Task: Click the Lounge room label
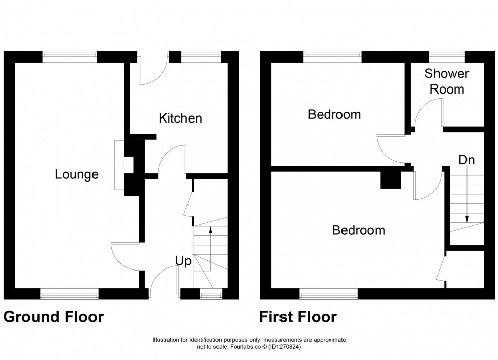tap(77, 175)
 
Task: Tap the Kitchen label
tap(180, 118)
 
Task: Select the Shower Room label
tap(447, 81)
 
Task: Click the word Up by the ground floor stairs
tap(183, 261)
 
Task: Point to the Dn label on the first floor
tap(466, 160)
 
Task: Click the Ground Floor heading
tap(54, 317)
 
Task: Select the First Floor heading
tap(298, 317)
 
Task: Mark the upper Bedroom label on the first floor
tap(334, 114)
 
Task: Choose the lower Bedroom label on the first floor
tap(358, 230)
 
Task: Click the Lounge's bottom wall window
tap(69, 294)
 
